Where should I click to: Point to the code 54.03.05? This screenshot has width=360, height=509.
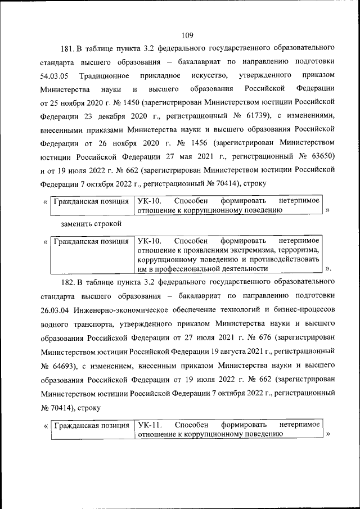[55, 75]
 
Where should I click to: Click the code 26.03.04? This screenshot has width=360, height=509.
[55, 309]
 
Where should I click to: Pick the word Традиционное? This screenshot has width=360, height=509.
[105, 75]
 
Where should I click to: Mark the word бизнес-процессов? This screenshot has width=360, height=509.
[304, 309]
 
